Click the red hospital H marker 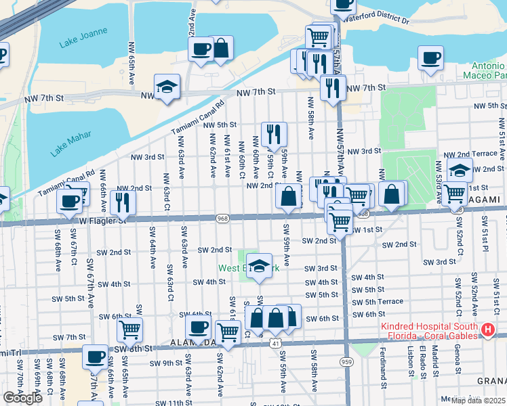point(487,330)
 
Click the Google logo point(22,397)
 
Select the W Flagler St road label point(102,221)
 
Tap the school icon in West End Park point(258,266)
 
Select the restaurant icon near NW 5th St point(274,134)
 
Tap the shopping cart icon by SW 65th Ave point(129,330)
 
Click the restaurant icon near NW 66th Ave point(123,202)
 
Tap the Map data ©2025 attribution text point(479,400)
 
